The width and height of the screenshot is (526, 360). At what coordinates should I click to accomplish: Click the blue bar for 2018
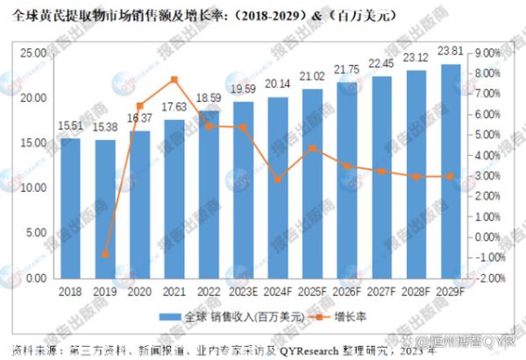(x=70, y=208)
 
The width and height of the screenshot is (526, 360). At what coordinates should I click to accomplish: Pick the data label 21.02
(x=312, y=76)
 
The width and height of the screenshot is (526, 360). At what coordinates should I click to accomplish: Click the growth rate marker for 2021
(x=174, y=80)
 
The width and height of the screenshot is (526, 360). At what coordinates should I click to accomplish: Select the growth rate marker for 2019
(x=105, y=254)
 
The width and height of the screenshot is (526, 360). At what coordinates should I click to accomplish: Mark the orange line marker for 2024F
(x=278, y=179)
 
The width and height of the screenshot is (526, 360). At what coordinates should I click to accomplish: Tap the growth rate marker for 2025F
(x=313, y=148)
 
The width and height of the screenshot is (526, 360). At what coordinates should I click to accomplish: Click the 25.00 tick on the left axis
(x=34, y=53)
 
